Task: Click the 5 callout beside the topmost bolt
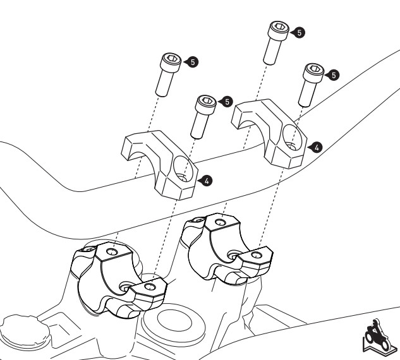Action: (x=300, y=30)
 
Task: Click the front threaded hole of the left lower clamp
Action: (x=149, y=288)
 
